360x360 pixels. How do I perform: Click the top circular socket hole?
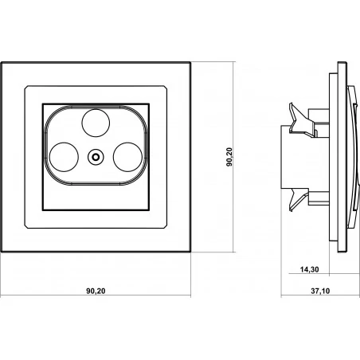point(96,123)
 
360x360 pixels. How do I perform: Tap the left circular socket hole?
point(64,157)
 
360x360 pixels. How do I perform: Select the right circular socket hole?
point(127,157)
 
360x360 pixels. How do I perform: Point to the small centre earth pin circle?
point(96,157)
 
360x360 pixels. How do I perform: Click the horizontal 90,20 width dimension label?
point(96,291)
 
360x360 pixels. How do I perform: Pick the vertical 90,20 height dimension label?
point(229,157)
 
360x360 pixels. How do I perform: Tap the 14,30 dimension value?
point(310,269)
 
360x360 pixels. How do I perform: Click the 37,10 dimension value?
point(320,291)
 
